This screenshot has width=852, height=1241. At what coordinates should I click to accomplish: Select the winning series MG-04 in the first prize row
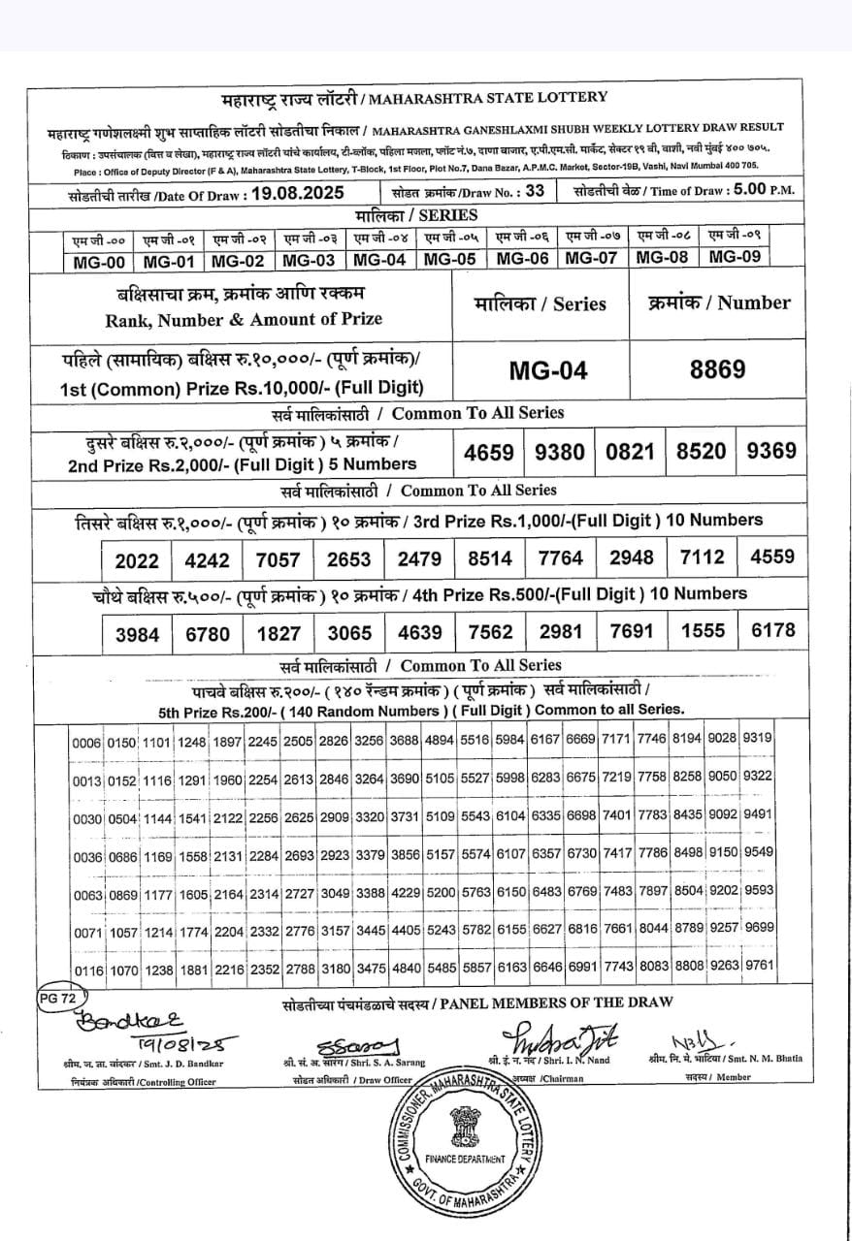click(548, 371)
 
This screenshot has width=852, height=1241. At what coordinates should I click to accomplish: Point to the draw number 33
click(534, 191)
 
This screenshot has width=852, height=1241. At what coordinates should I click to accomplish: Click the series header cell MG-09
click(735, 257)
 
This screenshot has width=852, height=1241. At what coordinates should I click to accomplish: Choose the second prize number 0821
click(630, 452)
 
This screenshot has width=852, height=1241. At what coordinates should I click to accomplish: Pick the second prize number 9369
click(770, 451)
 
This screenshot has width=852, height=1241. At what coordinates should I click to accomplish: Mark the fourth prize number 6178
click(772, 631)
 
